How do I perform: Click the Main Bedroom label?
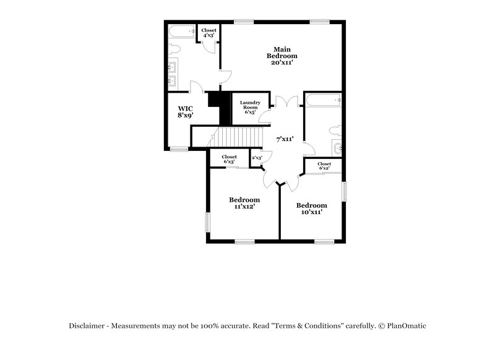pos(282,56)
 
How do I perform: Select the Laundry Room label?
pos(250,107)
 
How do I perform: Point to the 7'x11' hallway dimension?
pos(285,139)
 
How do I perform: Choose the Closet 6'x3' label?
pos(229,159)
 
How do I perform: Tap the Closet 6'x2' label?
pos(324,166)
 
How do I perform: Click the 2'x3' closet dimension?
pos(257,158)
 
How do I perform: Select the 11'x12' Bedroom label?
pos(244,203)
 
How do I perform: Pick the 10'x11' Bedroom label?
pos(311,208)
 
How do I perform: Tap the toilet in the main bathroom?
pos(174,48)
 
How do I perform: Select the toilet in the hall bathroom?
pos(336,129)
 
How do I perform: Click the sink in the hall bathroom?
pos(337,148)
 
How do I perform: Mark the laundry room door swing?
pos(265,116)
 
